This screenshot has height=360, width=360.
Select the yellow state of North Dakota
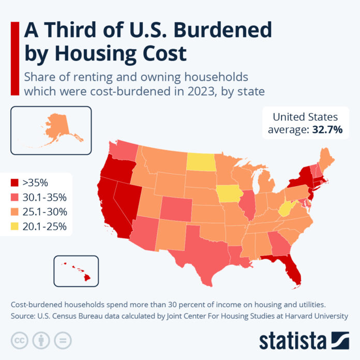pyautogui.click(x=202, y=161)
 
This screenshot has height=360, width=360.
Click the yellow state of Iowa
pyautogui.click(x=227, y=194)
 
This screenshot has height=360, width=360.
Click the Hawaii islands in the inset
pyautogui.click(x=78, y=271)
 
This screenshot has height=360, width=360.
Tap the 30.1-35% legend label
pyautogui.click(x=44, y=197)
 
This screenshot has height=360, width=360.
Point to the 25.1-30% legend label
pyautogui.click(x=44, y=211)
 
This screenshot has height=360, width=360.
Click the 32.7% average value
pyautogui.click(x=327, y=130)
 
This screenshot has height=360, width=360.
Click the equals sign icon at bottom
pyautogui.click(x=63, y=340)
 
